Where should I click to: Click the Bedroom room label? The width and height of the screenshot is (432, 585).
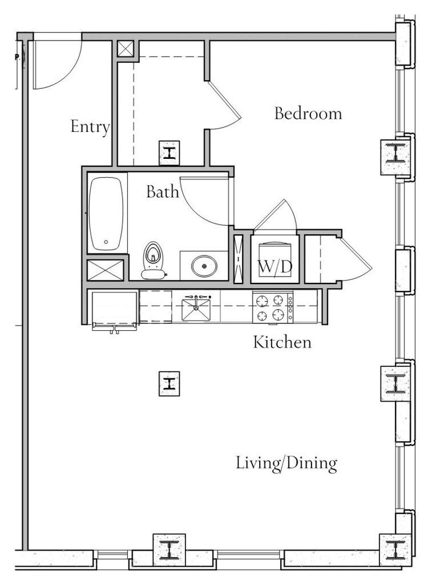pyautogui.click(x=308, y=114)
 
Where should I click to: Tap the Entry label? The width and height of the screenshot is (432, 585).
pyautogui.click(x=90, y=127)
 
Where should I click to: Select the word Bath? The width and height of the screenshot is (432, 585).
pyautogui.click(x=163, y=191)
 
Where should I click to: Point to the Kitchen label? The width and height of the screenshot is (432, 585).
pyautogui.click(x=282, y=342)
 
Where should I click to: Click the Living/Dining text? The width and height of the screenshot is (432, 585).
pyautogui.click(x=286, y=463)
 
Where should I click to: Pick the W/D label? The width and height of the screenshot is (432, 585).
pyautogui.click(x=275, y=267)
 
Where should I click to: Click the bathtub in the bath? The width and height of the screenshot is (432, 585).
pyautogui.click(x=106, y=214)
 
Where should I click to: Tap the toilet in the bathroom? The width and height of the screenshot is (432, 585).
pyautogui.click(x=153, y=261)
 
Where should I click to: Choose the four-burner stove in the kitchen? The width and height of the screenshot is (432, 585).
pyautogui.click(x=273, y=307)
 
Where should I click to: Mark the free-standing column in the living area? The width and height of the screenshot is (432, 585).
pyautogui.click(x=169, y=383)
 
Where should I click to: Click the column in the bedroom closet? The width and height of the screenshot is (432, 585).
pyautogui.click(x=169, y=153)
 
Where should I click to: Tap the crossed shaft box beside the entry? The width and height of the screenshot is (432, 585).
pyautogui.click(x=126, y=49)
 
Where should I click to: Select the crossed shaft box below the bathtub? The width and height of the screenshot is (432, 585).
pyautogui.click(x=105, y=270)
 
